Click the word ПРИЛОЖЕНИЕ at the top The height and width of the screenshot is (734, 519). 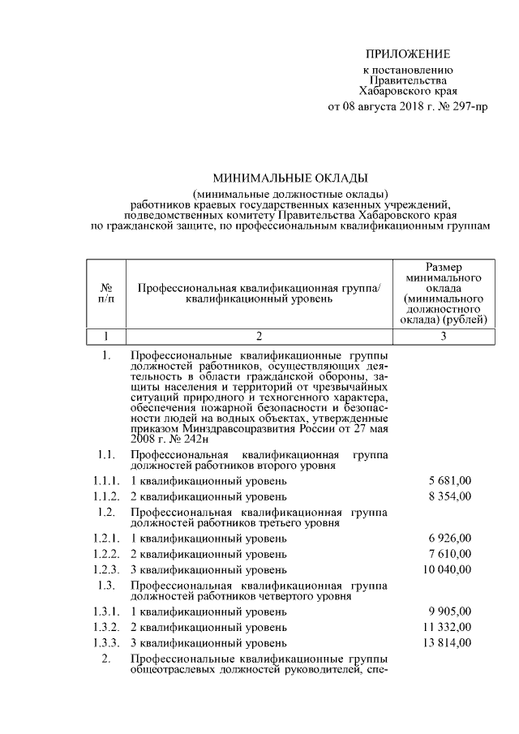pos(406,54)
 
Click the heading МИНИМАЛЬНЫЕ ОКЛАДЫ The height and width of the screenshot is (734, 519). pos(290,177)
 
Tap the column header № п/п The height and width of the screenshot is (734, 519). pos(106,293)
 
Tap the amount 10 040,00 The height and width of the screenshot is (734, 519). pos(446,569)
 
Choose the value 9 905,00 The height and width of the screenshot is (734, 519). pos(449,612)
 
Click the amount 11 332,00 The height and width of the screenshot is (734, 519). pos(446,627)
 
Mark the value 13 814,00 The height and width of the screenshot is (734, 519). pos(446,642)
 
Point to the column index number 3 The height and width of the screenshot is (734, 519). pos(444,336)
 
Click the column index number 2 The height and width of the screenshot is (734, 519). pos(259,336)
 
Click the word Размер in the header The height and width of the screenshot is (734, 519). pos(444,266)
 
